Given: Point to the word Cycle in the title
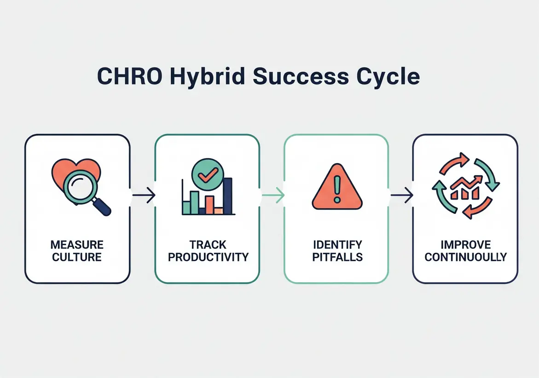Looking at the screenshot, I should coord(387,77).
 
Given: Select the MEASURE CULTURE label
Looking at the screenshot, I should coord(77,250).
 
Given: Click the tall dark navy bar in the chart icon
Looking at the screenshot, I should coord(227,196).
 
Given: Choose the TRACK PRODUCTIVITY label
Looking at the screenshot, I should coord(208,250).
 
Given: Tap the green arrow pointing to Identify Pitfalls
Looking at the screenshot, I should coord(273,196).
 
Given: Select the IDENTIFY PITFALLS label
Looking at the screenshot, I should coord(337,250).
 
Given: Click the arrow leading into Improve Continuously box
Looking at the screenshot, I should coord(402,196).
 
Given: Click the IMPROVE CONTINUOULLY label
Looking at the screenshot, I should coord(465,250).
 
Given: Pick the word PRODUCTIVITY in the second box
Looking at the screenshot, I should coord(208,257).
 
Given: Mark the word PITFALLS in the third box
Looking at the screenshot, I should coord(337,257).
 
